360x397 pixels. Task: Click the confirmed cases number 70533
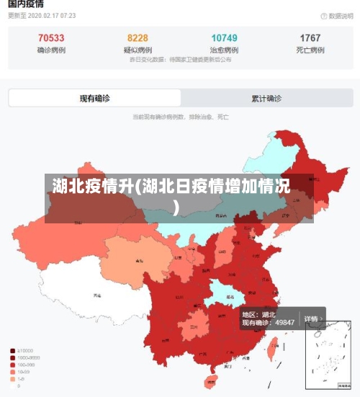(51, 38)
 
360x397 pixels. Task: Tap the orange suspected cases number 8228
(138, 38)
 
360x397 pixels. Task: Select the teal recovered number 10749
(224, 38)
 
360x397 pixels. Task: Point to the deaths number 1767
(310, 38)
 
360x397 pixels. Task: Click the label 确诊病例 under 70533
(51, 50)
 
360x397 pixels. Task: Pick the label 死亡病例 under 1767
(310, 50)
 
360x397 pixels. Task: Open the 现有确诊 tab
(94, 99)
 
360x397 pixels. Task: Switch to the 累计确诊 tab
(266, 99)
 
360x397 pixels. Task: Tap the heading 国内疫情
(24, 4)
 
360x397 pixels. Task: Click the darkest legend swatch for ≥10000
(13, 351)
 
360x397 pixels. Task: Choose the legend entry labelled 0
(19, 385)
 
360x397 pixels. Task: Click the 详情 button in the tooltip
(312, 318)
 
